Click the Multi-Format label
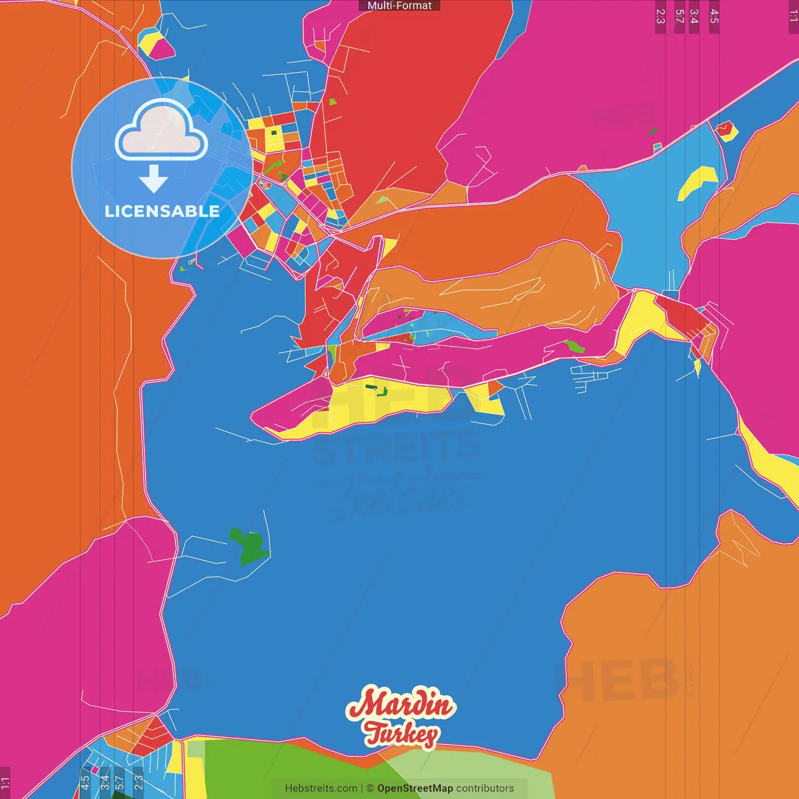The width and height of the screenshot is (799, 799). [x=399, y=6]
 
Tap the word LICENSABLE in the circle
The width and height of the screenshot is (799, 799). [x=162, y=211]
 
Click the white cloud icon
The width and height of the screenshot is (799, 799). [x=162, y=130]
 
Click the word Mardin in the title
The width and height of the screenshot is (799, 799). [x=401, y=703]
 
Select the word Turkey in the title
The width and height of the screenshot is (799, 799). [x=401, y=734]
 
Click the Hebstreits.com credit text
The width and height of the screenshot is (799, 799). [x=321, y=788]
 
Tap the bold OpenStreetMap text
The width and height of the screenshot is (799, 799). [x=415, y=788]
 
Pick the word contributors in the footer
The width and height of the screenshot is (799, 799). [x=485, y=788]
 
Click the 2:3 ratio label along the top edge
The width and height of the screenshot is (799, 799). [x=660, y=16]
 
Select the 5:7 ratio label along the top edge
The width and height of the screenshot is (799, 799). [x=680, y=16]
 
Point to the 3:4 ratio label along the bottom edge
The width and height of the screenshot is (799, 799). [x=104, y=782]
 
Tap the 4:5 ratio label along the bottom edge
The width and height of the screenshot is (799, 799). [x=85, y=782]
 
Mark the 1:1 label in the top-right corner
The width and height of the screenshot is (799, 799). [x=793, y=15]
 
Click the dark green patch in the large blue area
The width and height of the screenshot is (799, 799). [x=248, y=546]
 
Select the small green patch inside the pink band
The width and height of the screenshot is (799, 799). [x=574, y=346]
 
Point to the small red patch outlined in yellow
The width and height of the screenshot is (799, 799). [x=726, y=130]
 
